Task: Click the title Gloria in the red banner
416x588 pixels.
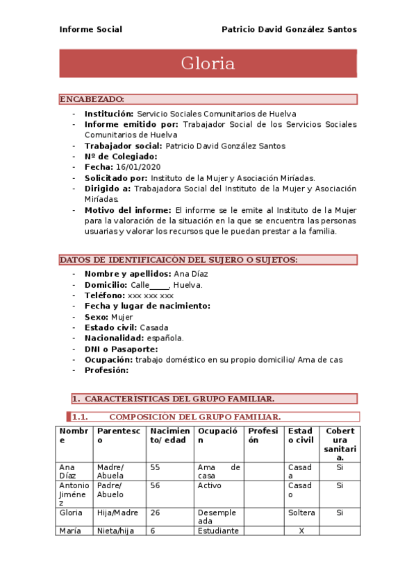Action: pos(208,64)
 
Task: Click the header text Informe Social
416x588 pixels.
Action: pos(90,29)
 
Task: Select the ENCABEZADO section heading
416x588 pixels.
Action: pos(92,99)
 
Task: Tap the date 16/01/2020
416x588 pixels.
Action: pos(138,167)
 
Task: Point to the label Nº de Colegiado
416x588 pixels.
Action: pos(121,157)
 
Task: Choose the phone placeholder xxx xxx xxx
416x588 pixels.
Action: pos(150,295)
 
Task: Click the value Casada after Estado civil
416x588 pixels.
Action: pos(154,327)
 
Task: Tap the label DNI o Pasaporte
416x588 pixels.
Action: pos(121,349)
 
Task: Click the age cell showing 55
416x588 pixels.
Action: pos(155,467)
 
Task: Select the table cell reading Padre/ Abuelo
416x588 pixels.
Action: pos(110,490)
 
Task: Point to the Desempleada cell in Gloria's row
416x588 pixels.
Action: pos(217,517)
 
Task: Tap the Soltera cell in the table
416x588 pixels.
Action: pos(301,513)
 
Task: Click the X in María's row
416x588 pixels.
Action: pos(301,530)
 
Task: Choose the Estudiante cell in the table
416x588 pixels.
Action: pos(217,530)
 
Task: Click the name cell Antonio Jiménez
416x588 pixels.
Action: pos(74,494)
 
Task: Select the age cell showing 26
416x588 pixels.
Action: pos(155,513)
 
